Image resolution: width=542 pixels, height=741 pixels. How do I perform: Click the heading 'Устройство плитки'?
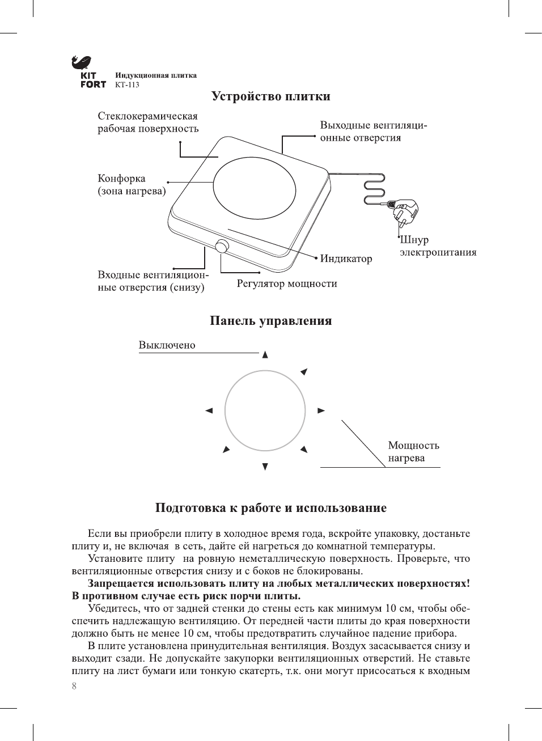point(270,96)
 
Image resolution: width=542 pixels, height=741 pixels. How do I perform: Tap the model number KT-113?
point(127,85)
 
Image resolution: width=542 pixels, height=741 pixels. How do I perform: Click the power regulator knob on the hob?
point(222,247)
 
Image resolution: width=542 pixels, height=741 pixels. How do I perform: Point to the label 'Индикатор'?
point(346,259)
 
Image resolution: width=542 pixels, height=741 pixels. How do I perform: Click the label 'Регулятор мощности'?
point(287,283)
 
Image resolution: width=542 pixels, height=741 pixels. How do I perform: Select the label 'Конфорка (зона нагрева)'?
point(132,185)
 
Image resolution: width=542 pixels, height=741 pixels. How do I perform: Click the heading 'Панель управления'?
point(270,321)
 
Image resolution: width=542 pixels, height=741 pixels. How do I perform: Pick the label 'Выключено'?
point(167,345)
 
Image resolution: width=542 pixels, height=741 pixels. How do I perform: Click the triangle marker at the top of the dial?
point(265,355)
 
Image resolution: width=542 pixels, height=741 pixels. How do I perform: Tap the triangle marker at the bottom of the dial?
point(265,467)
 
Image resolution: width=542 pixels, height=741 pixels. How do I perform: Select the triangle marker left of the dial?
point(209,410)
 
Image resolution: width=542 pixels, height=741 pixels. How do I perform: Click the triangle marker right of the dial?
point(321,410)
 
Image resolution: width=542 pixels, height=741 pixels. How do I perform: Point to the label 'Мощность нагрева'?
point(413,452)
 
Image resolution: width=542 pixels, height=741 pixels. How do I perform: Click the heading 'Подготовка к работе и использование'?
point(270,508)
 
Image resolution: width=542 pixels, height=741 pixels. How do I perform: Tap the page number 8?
point(74,687)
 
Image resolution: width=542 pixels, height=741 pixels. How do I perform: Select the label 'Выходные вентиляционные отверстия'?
point(374,132)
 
